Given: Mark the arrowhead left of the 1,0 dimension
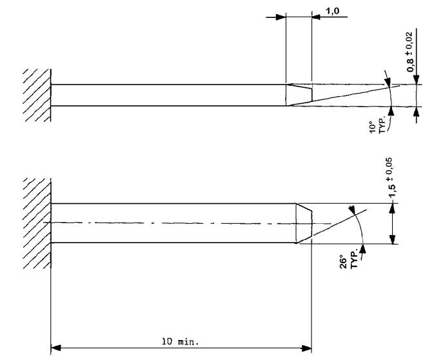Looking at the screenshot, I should (279, 17).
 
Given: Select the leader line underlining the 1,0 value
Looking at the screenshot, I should (332, 17).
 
